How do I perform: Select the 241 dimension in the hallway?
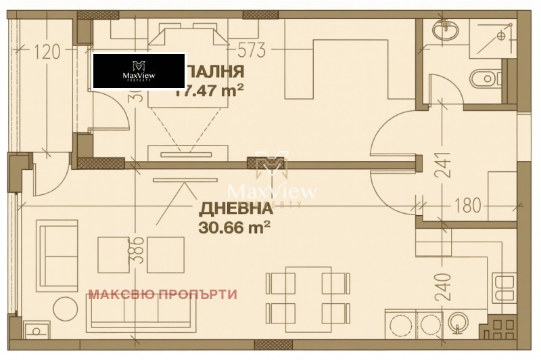[x=441, y=163]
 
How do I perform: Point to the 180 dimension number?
[x=467, y=205]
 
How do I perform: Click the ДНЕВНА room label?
[x=235, y=208]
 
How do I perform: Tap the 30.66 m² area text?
[x=235, y=227]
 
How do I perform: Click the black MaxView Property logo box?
[x=139, y=71]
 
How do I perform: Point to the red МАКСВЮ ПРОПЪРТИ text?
[x=163, y=294]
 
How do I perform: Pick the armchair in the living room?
[x=58, y=244]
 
